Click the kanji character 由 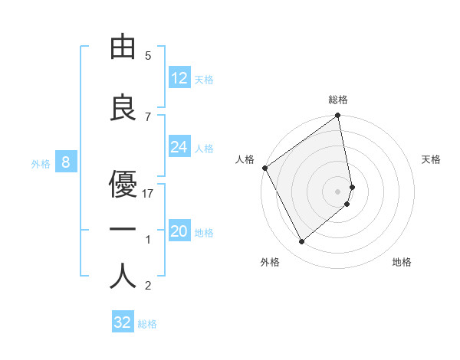click(123, 47)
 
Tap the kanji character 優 click(123, 184)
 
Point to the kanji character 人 click(123, 277)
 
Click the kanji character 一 click(123, 230)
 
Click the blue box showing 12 click(179, 78)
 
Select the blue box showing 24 click(179, 147)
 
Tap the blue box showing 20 click(179, 231)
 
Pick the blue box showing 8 click(66, 162)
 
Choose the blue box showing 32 click(123, 322)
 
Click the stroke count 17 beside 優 click(149, 194)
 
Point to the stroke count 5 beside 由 click(149, 56)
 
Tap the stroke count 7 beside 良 click(149, 117)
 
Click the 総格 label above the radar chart click(338, 100)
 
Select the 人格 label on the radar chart click(245, 159)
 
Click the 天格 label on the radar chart click(432, 159)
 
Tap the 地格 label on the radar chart click(402, 263)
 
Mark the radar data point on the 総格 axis click(337, 116)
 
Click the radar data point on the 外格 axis click(301, 242)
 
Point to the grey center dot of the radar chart click(337, 191)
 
